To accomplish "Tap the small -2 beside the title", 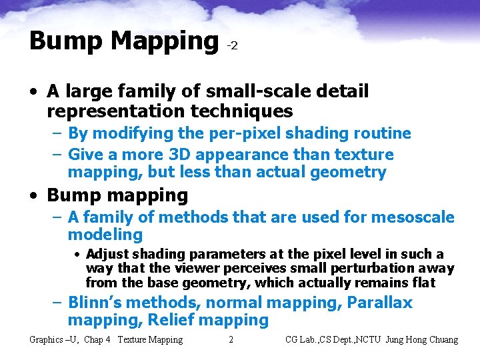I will click(232, 46).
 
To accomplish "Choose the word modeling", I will click(105, 235).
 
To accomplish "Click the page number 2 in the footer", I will click(231, 340).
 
